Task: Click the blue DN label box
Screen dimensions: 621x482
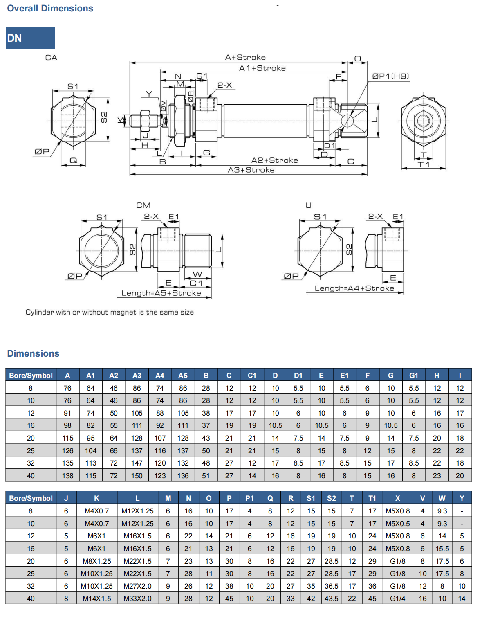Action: coord(30,38)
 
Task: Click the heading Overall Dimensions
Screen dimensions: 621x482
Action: coord(50,8)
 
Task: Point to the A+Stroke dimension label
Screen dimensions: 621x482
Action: coord(245,58)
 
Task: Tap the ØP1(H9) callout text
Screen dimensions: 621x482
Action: coord(390,76)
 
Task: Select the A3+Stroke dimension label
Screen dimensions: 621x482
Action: coord(251,170)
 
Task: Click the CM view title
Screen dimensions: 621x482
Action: coord(143,205)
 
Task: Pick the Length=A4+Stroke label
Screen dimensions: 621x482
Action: coord(354,288)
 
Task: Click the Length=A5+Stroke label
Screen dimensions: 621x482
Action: coord(161,293)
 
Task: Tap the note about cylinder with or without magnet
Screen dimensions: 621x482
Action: coord(110,313)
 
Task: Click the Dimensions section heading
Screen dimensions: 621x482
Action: coord(33,353)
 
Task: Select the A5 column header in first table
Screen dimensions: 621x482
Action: coord(183,376)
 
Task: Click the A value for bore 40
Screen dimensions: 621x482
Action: coord(67,476)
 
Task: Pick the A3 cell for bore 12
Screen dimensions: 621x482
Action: coord(137,413)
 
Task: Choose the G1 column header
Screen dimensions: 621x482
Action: coord(414,376)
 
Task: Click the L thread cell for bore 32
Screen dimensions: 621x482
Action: coord(137,586)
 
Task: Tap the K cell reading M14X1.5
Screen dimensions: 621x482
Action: coord(96,598)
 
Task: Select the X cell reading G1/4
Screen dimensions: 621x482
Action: coord(397,598)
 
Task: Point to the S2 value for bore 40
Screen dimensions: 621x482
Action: coord(331,598)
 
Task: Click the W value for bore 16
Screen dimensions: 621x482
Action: coord(442,549)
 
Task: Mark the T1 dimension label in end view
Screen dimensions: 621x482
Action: coord(424,164)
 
